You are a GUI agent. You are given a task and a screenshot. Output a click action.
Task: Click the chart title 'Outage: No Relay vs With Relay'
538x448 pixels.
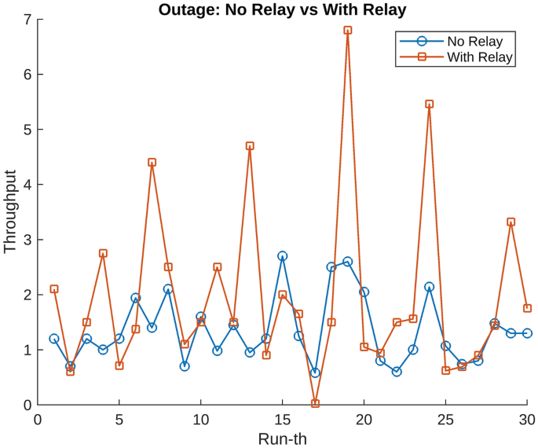pos(282,9)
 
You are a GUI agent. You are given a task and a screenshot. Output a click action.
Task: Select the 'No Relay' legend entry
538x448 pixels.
pos(474,41)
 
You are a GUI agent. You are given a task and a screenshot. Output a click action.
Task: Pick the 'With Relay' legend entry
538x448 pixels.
pos(479,57)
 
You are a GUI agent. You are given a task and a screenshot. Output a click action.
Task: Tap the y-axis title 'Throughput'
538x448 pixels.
pos(10,211)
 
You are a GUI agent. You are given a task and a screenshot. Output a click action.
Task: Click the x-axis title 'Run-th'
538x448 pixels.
pos(282,438)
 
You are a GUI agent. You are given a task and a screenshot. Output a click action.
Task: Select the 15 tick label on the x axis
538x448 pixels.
pos(282,420)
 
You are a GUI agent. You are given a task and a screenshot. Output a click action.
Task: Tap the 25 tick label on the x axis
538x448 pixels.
pos(445,420)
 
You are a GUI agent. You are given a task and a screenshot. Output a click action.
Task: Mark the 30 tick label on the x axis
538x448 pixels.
pos(527,420)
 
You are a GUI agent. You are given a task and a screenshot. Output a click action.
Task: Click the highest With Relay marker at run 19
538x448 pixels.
pos(347,30)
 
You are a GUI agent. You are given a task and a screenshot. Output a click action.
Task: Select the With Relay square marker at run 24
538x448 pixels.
pos(429,104)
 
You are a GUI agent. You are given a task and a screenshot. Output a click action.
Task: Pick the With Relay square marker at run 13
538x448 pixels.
pos(250,146)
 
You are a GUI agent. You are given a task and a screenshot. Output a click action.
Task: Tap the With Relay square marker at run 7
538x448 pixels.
pos(152,163)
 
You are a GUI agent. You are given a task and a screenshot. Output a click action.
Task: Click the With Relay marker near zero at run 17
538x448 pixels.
pos(315,403)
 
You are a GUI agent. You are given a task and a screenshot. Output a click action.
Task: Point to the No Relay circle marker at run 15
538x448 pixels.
pos(282,256)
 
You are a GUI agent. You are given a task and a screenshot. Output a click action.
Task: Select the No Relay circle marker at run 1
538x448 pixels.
pos(54,339)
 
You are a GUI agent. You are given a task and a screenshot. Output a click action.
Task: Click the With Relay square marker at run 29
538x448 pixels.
pos(511,222)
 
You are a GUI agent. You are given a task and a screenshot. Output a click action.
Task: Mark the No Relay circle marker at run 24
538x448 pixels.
pos(429,287)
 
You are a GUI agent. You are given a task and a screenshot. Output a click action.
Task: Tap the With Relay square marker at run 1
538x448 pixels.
pos(54,289)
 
